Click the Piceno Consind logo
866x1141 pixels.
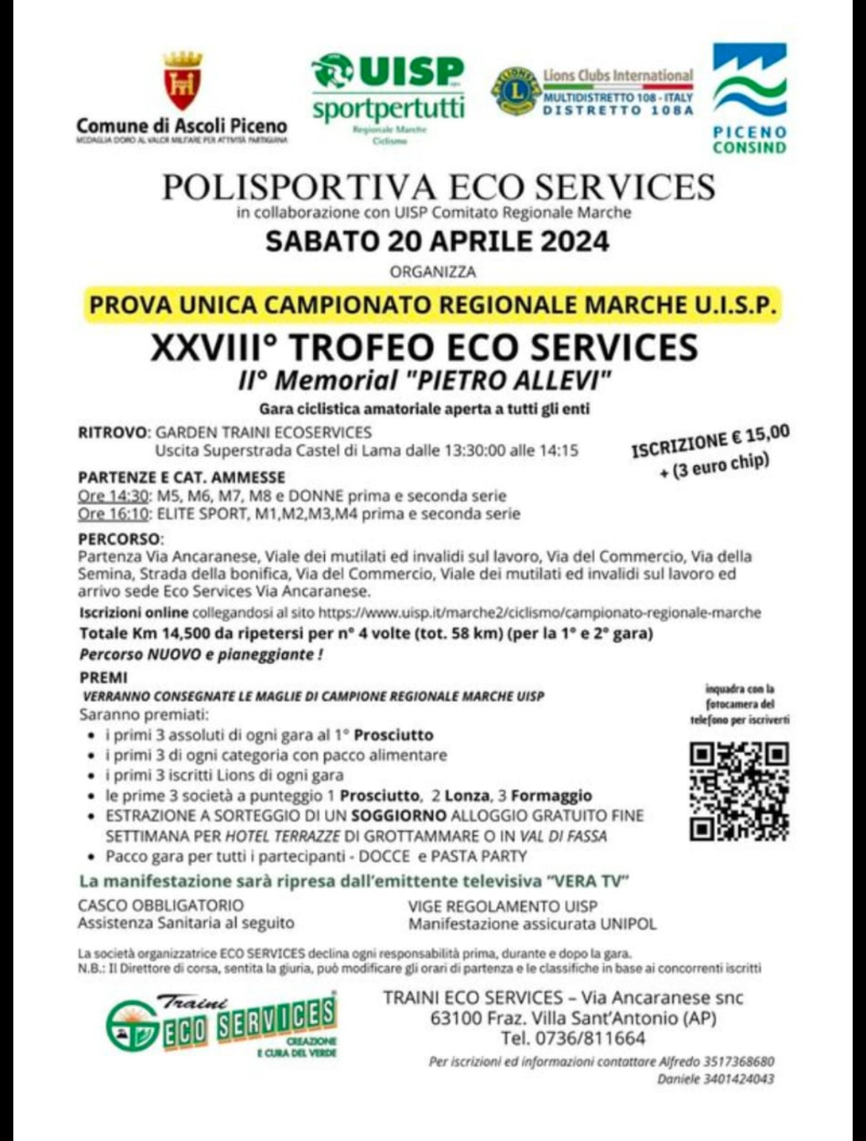point(749,97)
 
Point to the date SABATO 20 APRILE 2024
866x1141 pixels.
point(437,242)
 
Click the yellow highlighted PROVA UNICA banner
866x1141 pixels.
point(433,304)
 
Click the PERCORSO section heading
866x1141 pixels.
point(120,538)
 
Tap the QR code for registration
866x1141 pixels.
point(739,792)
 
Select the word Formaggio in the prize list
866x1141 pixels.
point(551,796)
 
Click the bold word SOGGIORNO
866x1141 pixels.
point(398,816)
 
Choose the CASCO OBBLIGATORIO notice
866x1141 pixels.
point(161,906)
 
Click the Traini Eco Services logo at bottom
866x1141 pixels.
point(222,1024)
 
